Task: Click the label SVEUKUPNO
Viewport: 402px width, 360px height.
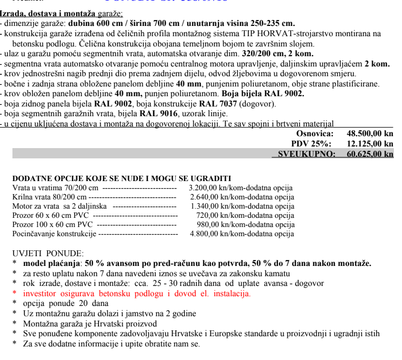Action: [306, 154]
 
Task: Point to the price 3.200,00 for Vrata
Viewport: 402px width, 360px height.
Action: [203, 188]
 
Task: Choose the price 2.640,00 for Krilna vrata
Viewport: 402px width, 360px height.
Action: [203, 197]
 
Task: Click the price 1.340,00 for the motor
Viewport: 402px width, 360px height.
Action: [205, 206]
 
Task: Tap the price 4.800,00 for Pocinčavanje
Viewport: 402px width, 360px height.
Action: [203, 234]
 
